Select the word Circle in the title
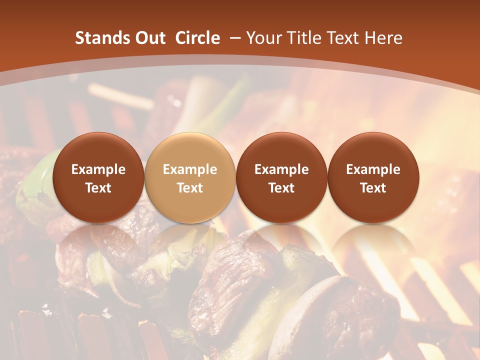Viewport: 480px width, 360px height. point(197,38)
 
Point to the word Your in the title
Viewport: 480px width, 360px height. point(262,38)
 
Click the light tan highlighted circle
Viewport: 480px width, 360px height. point(189,178)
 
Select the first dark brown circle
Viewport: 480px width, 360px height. point(98,178)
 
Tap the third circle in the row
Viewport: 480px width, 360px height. point(281,178)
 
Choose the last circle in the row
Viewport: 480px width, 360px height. point(373,178)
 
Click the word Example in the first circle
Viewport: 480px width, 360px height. point(98,169)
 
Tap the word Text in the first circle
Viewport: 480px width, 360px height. point(98,188)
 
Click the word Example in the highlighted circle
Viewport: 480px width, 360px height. point(189,169)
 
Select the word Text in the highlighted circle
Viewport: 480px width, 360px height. point(189,188)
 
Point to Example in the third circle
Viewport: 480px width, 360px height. point(281,169)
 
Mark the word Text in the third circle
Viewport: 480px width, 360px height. point(281,188)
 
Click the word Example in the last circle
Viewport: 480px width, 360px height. point(373,169)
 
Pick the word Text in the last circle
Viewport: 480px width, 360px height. point(373,188)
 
